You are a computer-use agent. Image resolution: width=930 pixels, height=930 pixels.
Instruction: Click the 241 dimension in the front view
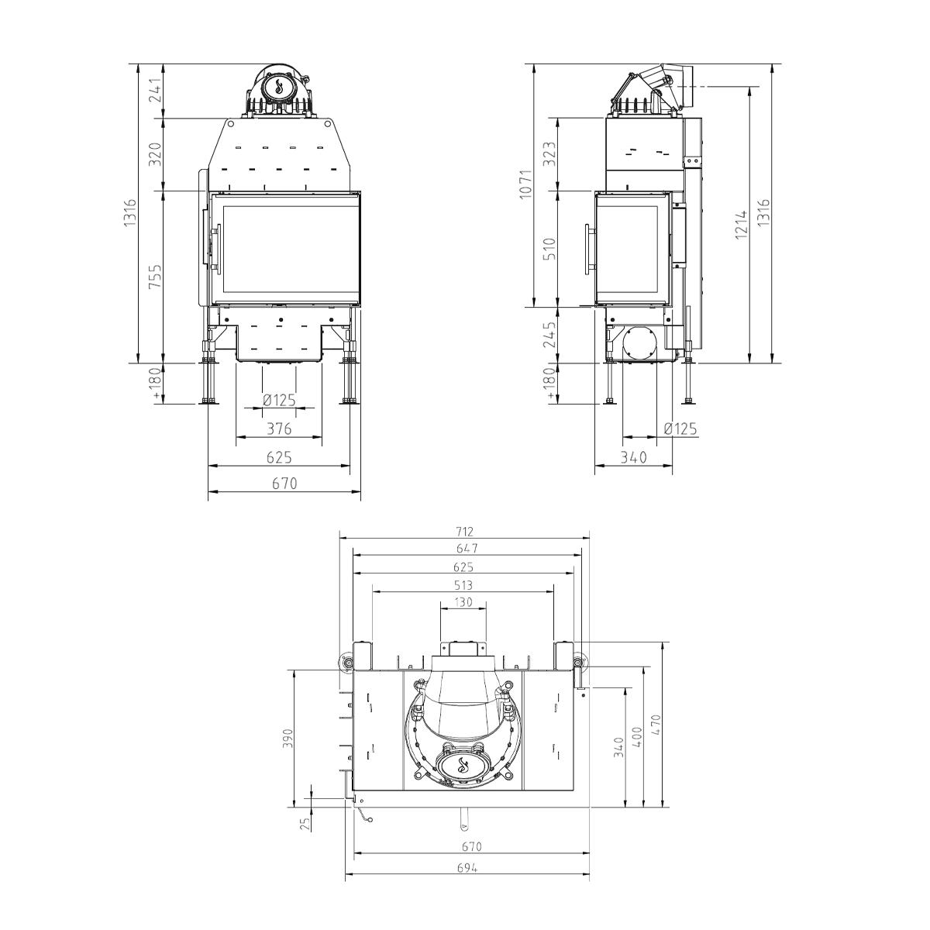(x=155, y=91)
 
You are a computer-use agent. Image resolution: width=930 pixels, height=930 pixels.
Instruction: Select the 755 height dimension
(x=155, y=276)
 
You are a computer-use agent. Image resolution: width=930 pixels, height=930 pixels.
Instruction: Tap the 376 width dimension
(x=280, y=429)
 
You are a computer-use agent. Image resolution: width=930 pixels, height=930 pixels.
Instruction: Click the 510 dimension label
(x=550, y=249)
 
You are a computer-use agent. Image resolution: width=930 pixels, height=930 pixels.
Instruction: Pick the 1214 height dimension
(x=742, y=224)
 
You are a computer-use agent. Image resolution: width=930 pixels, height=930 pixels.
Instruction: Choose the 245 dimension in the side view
(x=550, y=335)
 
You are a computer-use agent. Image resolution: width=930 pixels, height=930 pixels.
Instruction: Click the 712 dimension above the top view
(x=464, y=532)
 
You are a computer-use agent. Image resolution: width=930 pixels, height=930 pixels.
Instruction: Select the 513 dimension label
(x=463, y=585)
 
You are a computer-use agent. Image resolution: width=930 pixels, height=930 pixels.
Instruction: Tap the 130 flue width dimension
(x=463, y=602)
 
